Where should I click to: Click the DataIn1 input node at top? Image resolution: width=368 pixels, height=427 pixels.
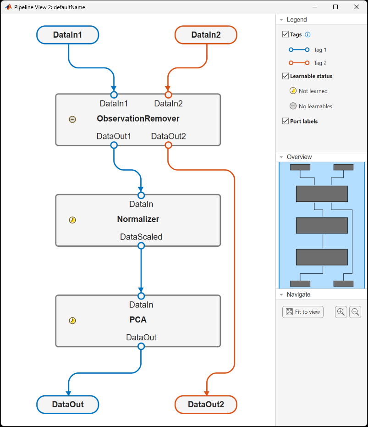tap(67, 35)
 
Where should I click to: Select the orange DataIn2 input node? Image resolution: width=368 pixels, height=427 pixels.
tap(206, 35)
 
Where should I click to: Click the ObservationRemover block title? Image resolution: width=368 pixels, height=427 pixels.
tap(138, 119)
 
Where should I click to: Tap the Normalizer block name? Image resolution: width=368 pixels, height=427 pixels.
tap(138, 219)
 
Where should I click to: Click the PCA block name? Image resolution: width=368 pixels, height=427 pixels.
tap(138, 320)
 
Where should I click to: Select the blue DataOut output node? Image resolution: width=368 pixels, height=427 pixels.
tap(67, 405)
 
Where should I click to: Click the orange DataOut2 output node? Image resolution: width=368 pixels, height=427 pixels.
tap(206, 405)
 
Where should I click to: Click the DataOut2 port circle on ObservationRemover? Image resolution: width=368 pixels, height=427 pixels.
tap(168, 145)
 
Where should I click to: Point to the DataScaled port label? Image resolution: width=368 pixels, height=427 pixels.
tap(141, 237)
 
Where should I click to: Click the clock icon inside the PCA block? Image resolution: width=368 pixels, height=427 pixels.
tap(72, 321)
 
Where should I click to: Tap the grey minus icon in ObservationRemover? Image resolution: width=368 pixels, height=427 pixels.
tap(72, 119)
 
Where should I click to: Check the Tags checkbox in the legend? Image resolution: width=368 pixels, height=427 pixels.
tap(286, 34)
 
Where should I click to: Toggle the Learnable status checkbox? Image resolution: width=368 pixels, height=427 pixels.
tap(286, 76)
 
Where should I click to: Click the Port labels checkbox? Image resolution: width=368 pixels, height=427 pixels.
tap(286, 121)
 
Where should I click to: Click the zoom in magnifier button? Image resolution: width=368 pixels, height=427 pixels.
tap(341, 312)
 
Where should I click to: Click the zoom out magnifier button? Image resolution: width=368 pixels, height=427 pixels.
tap(355, 312)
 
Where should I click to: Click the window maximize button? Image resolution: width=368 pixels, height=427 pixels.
tap(335, 7)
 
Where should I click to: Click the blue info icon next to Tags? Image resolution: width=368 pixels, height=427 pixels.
tap(308, 34)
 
